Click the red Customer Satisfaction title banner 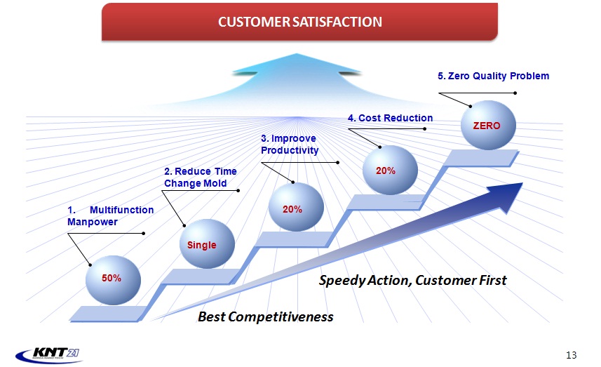pos(299,22)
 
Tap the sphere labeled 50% pos(113,280)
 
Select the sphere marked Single pos(207,244)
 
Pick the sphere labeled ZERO pos(488,125)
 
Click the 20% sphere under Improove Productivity pos(296,207)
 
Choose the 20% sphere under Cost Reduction pos(390,170)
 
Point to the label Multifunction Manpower pos(110,216)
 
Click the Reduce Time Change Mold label pos(201,177)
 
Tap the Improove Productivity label pos(290,144)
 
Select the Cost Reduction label pos(390,118)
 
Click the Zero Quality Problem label pos(493,76)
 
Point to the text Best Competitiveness pos(266,317)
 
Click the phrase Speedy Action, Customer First pos(413,280)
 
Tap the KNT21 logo pos(48,354)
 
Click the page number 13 pos(571,355)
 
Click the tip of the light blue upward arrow pos(296,54)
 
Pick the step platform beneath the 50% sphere pos(108,313)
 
